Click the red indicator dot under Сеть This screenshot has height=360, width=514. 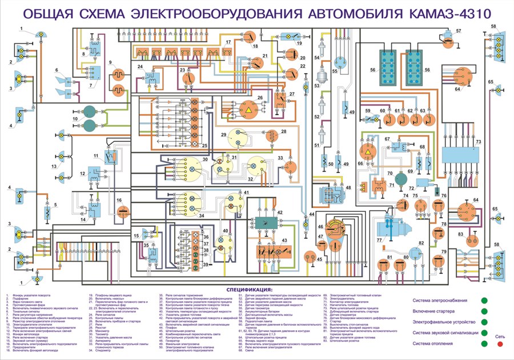[x=500, y=345]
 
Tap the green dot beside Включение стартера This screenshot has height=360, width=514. [x=484, y=311]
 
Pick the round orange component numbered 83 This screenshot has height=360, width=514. [x=471, y=235]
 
